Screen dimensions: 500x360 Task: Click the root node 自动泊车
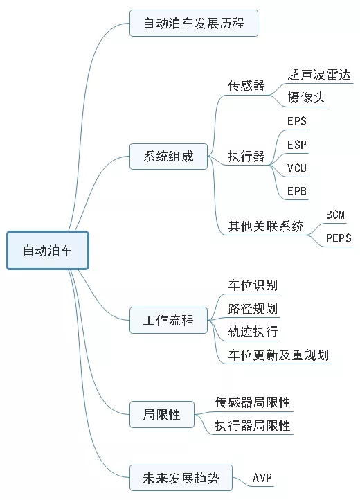pos(48,250)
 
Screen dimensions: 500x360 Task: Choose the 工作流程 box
pos(168,321)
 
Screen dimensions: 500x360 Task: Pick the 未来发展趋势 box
pos(180,477)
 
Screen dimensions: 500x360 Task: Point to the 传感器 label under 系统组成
pos(246,87)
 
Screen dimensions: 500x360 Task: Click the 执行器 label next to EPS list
pos(246,157)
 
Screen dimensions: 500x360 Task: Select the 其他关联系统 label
pos(266,226)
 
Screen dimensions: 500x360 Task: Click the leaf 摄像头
pos(306,98)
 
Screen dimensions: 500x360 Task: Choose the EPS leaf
pos(297,122)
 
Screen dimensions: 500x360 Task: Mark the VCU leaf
pos(297,168)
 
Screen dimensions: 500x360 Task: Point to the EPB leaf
pos(297,191)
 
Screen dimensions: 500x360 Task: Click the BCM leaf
pos(335,215)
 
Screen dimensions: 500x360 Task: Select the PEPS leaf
pos(339,238)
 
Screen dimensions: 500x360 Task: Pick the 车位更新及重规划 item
pos(278,355)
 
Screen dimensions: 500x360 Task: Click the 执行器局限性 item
pos(252,425)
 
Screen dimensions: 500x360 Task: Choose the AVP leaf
pos(262,478)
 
